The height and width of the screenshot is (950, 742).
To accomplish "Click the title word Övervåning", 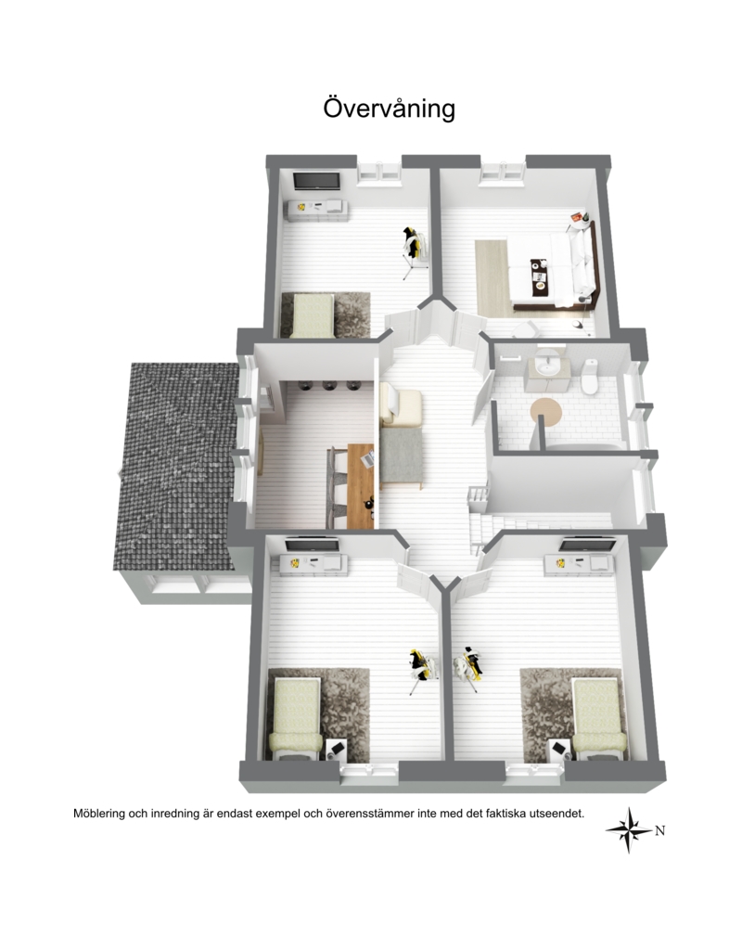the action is [389, 108].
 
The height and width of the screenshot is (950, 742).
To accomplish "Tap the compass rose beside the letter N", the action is [630, 830].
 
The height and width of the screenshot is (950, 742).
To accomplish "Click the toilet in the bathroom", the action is [589, 376].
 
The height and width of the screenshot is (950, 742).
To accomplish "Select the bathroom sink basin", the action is [550, 366].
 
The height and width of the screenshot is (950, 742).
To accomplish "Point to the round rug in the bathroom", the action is [546, 413].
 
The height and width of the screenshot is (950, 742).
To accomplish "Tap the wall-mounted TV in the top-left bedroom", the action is [316, 181].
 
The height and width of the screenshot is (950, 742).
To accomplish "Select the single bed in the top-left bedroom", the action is [312, 315].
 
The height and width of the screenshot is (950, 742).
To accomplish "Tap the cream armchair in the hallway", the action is [399, 406].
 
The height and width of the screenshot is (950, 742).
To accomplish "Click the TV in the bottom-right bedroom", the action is [587, 546].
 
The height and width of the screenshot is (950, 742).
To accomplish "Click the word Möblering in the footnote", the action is [98, 814].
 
